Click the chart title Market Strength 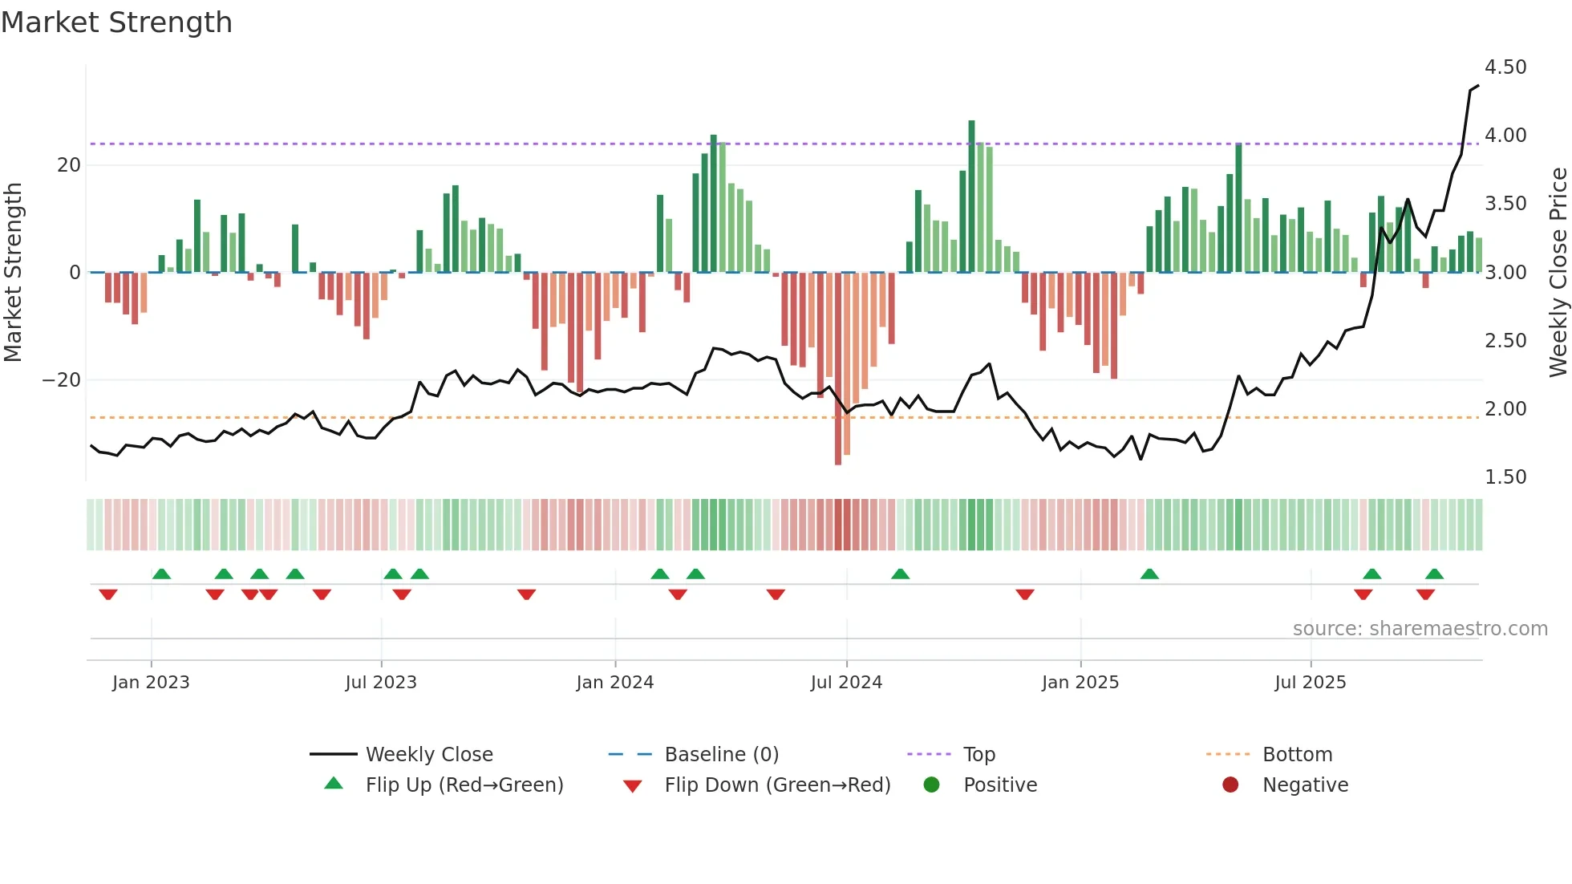116,22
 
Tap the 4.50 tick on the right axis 1505,67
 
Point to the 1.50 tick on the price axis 1505,477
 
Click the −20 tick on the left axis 62,380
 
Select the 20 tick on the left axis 69,165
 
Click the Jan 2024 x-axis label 614,683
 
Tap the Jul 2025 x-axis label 1310,683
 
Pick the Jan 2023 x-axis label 151,683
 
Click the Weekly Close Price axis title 1558,273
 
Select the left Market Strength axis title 13,273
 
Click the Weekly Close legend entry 428,755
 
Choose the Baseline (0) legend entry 721,755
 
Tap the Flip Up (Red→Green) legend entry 464,785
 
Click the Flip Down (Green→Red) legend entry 776,785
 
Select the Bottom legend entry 1297,755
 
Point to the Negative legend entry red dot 1230,785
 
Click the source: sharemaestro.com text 1420,629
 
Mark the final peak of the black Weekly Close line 1477,86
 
